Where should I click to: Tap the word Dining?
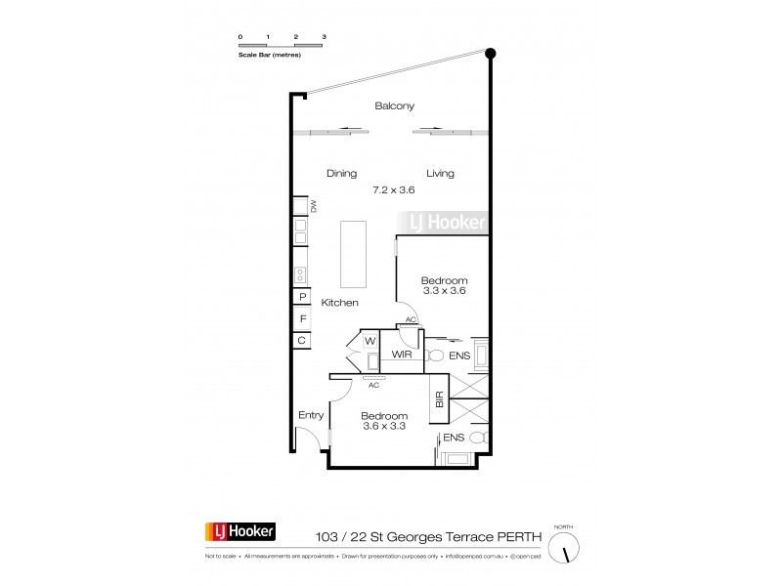tap(341, 174)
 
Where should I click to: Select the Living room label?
tap(441, 174)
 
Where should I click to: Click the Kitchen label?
tap(340, 303)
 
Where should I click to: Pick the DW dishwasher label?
tap(314, 206)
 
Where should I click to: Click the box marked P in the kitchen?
tap(302, 297)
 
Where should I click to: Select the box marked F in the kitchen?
tap(302, 318)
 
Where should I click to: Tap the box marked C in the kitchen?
tap(302, 340)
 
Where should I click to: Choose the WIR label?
tap(402, 356)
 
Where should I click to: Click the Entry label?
tap(311, 415)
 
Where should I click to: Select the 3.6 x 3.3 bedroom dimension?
tap(384, 426)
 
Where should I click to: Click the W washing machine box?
tap(370, 341)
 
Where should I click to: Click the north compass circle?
tap(564, 550)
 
